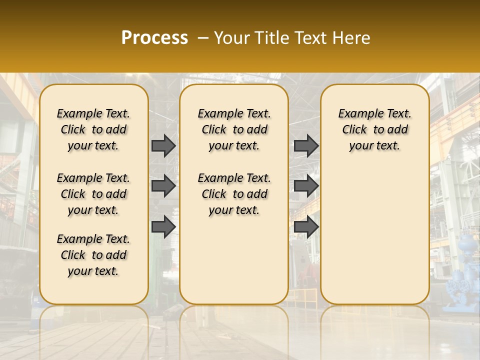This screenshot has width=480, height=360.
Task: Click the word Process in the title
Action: coord(154,38)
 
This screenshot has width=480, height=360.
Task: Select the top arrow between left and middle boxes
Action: coord(163,145)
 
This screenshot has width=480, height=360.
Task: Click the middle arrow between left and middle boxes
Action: coord(163,186)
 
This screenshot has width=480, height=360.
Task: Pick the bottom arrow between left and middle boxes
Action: coord(163,226)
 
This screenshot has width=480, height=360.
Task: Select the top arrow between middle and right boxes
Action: coord(306,145)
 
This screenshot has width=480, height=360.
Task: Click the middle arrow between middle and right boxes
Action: coord(306,186)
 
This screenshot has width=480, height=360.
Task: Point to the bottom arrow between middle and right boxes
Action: coord(306,226)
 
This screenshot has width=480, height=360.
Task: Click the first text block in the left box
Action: coord(93,129)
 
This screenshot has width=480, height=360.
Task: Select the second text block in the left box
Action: coord(93,194)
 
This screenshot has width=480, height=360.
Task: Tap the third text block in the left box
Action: coord(93,255)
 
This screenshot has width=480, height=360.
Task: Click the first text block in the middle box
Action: coord(234,129)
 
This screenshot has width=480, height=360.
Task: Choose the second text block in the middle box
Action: coord(234,194)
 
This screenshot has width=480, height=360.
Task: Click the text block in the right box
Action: coord(374,129)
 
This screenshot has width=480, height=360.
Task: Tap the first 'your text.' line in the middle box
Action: coord(234,146)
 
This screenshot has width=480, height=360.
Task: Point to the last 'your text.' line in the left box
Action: coord(93,271)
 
